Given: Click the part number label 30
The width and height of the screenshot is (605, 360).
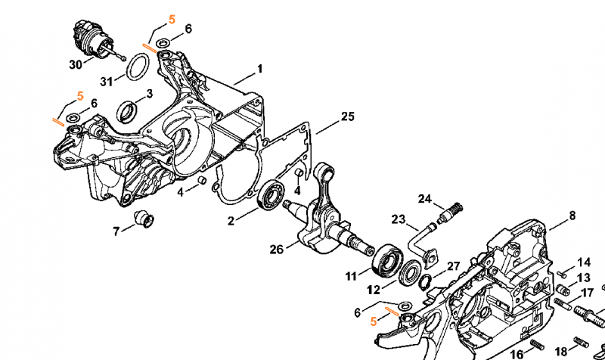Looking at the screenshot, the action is click(x=76, y=64).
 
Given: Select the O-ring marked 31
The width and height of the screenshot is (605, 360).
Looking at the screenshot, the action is click(x=138, y=67).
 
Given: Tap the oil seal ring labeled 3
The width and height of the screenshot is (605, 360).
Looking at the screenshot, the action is click(x=127, y=112).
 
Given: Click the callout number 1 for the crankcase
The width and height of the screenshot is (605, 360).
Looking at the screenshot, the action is click(x=259, y=69).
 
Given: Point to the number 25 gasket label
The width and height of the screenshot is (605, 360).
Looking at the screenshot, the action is click(x=347, y=116).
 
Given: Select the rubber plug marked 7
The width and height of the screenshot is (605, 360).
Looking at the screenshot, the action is click(x=144, y=219).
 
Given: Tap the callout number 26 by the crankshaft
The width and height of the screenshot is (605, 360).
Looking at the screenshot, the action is click(x=276, y=250).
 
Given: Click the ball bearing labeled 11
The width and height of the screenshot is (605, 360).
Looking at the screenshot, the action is click(x=387, y=260).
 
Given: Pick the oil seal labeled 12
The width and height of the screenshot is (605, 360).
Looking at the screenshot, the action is click(x=410, y=274).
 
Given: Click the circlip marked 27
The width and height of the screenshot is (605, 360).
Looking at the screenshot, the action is click(x=425, y=283).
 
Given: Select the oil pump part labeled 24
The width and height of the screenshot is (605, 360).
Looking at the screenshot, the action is click(x=449, y=213).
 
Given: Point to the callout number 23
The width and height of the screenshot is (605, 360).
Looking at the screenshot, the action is click(x=399, y=219).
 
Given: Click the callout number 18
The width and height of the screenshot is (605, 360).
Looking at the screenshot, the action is click(x=560, y=352).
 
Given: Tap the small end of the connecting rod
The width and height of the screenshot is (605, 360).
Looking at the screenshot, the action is click(x=324, y=172).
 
